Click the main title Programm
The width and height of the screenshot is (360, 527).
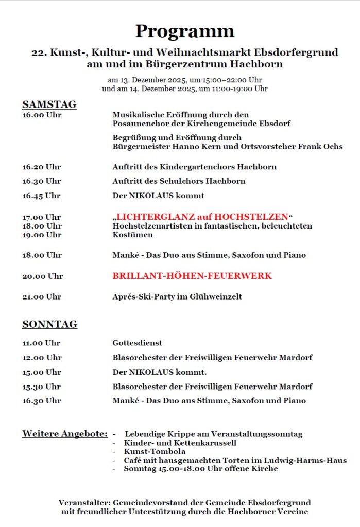[184, 31]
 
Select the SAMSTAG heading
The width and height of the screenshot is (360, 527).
[49, 104]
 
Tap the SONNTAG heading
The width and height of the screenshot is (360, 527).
[49, 324]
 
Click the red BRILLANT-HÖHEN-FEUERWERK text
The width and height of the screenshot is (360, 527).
[192, 276]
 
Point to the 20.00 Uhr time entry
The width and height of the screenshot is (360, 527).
[42, 276]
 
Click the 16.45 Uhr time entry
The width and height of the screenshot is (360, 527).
[41, 196]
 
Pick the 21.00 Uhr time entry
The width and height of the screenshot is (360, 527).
[41, 297]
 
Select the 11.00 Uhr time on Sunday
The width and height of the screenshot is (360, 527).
[41, 343]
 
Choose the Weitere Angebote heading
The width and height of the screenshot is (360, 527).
[64, 434]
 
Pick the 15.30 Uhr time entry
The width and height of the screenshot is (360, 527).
[41, 387]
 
